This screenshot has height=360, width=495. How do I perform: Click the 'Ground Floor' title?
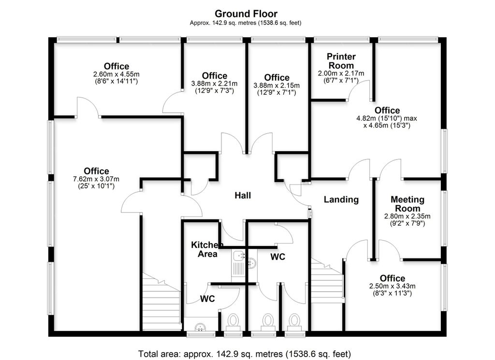click(246, 14)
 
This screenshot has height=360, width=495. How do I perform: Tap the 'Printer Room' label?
click(341, 61)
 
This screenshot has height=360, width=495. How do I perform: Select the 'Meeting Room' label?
click(407, 203)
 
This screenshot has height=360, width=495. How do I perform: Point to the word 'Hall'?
click(243, 195)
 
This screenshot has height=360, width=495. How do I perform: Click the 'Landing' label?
click(341, 199)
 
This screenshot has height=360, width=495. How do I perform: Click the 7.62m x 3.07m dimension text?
click(96, 179)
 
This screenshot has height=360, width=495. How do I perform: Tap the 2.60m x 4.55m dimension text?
click(116, 74)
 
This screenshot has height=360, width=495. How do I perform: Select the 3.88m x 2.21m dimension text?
click(214, 84)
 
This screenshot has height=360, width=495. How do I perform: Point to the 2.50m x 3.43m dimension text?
click(392, 286)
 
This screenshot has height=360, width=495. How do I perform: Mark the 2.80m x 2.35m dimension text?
click(407, 216)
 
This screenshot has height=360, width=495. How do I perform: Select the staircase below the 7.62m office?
click(161, 302)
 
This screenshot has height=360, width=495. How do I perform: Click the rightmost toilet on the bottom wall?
click(293, 321)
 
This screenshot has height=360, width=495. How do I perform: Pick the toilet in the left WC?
click(233, 321)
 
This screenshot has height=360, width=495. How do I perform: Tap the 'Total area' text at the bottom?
click(244, 354)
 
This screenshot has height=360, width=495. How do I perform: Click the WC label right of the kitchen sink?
click(277, 257)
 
